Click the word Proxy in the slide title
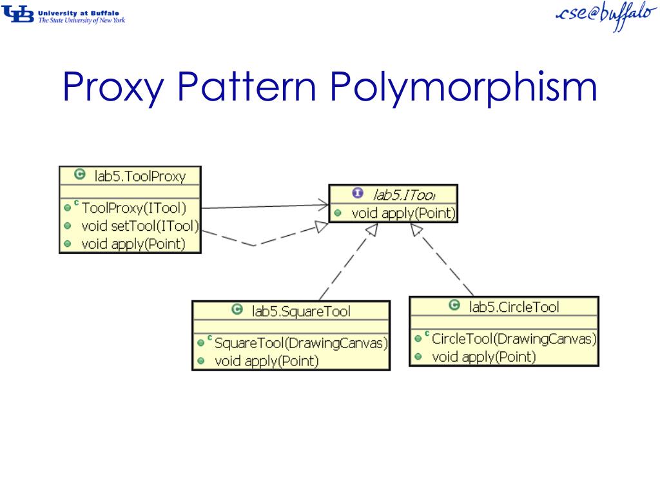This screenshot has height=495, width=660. (113, 89)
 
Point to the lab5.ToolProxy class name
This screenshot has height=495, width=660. (139, 175)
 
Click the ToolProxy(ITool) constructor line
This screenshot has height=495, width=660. (133, 208)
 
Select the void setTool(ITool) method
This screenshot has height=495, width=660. (139, 226)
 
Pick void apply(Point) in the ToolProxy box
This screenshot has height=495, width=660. (133, 244)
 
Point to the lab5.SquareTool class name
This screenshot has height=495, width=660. (301, 311)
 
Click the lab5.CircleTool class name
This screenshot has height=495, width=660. (514, 307)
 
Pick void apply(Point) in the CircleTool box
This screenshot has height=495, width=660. (483, 356)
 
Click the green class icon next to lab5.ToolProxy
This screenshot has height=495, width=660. (79, 175)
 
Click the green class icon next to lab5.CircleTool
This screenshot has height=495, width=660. (454, 306)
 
